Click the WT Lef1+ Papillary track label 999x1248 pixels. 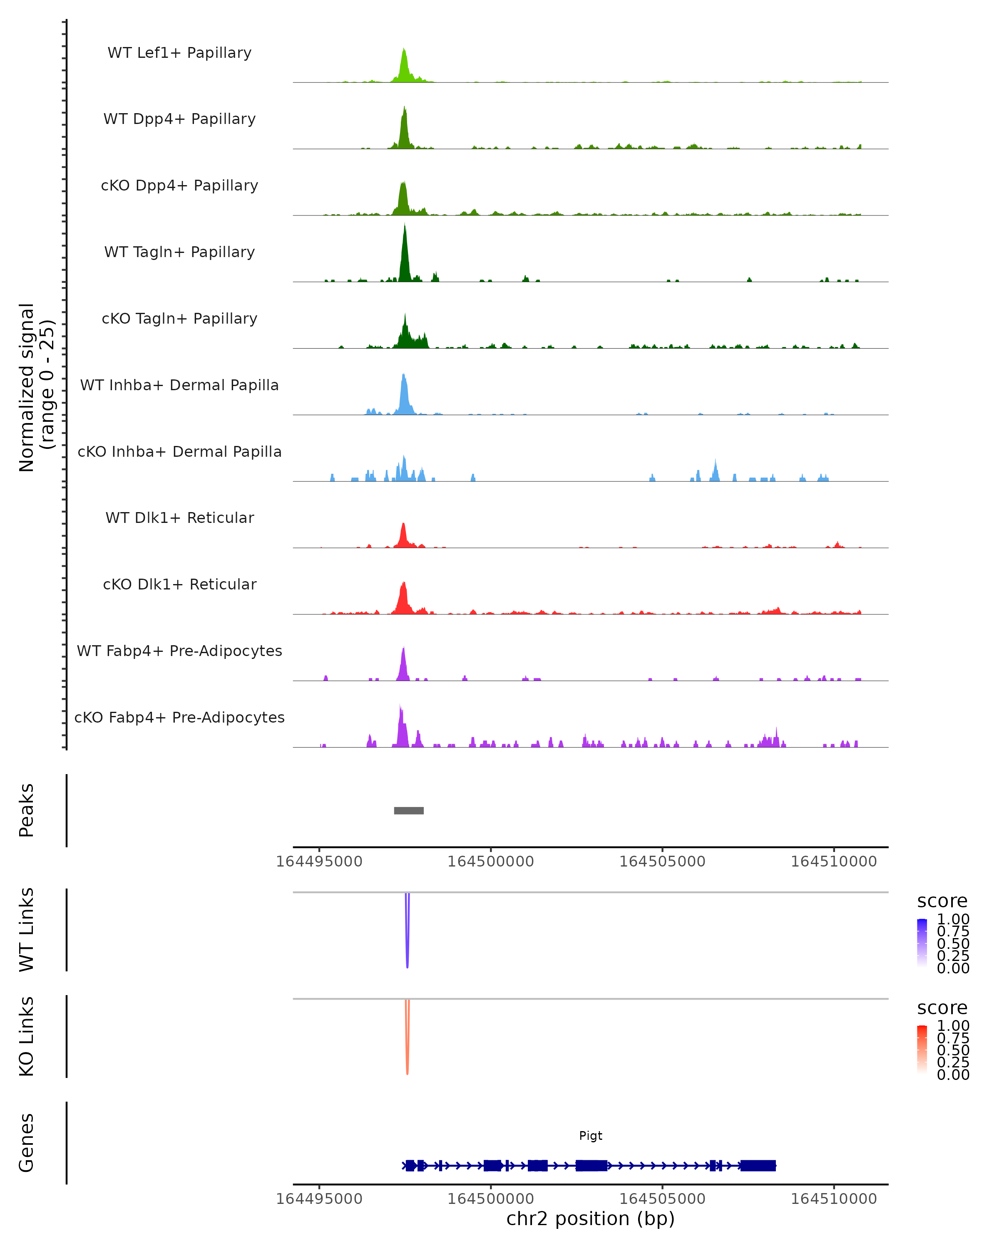(179, 53)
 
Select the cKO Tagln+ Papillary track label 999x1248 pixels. (179, 318)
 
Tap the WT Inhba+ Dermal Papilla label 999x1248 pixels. (179, 385)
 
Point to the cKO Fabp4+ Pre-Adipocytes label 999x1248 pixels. (179, 717)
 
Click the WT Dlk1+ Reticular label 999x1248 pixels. (179, 518)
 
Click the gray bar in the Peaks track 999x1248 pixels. (408, 810)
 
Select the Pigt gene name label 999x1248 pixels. (591, 1136)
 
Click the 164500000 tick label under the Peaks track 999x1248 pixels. (490, 862)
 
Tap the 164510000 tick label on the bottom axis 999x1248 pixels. (834, 1199)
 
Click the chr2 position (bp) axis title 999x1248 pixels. (591, 1218)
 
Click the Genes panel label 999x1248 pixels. (27, 1143)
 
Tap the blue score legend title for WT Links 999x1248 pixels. (942, 901)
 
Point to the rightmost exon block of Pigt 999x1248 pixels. (758, 1165)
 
